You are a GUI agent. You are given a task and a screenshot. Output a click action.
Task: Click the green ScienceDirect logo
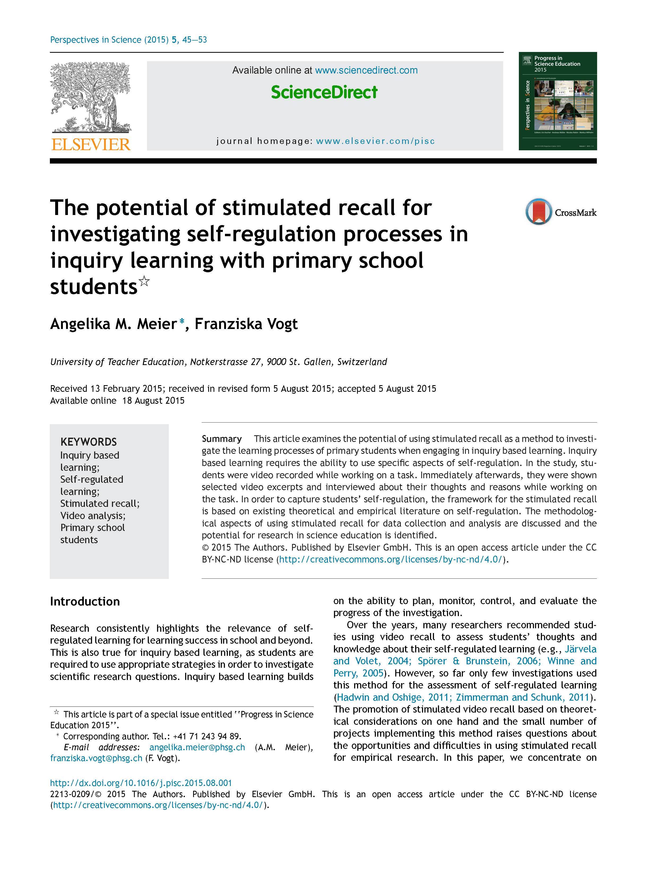point(324,93)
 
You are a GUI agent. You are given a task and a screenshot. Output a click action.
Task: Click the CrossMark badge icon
point(538,212)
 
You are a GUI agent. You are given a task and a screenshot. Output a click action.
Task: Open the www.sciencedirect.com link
point(366,70)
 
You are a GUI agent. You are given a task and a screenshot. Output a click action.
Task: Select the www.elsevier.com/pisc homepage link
point(375,141)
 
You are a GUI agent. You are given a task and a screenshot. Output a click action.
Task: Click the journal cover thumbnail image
point(558,101)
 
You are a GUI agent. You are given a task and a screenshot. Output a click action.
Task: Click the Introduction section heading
point(85,601)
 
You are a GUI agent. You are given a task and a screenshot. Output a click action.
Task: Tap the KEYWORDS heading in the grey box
point(89,442)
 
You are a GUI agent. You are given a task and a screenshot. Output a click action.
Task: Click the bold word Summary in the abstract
point(221,438)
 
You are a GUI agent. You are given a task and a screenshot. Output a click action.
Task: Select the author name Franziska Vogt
point(246,324)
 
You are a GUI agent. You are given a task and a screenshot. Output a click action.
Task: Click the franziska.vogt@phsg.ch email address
point(96,758)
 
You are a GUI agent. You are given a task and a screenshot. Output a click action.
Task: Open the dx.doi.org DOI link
point(141,783)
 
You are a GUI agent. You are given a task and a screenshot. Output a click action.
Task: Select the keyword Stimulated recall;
point(100,503)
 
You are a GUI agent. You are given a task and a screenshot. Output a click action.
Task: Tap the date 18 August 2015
point(153,401)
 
